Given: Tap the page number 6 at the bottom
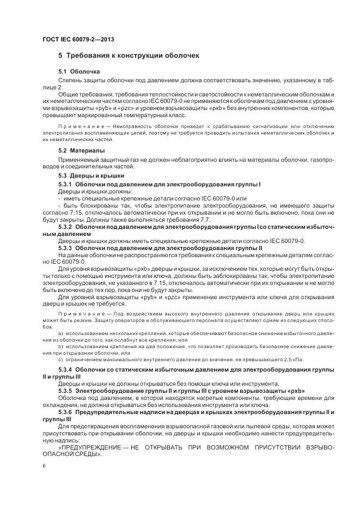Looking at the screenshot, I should pyautogui.click(x=44, y=465).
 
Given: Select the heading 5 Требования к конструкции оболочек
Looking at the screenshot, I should pyautogui.click(x=129, y=56).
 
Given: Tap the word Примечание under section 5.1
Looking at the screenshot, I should pyautogui.click(x=78, y=128).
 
